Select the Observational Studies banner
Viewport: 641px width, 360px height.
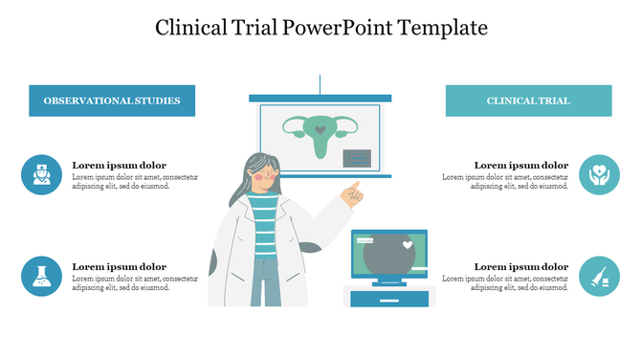(x=112, y=101)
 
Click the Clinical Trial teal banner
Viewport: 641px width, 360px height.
(x=528, y=101)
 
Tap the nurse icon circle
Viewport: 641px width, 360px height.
(x=41, y=174)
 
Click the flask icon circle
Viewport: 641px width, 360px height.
(x=41, y=276)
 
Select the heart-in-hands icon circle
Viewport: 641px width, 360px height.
(x=599, y=174)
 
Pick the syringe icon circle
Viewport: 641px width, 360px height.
(x=599, y=276)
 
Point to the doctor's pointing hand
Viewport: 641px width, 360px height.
(x=352, y=194)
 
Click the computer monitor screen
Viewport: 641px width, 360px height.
(x=388, y=255)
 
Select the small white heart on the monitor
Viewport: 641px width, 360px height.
(x=408, y=245)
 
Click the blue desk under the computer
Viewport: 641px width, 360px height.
(x=388, y=299)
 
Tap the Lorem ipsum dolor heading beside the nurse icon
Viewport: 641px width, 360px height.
(x=120, y=165)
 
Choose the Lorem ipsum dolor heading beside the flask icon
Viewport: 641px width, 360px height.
(x=120, y=266)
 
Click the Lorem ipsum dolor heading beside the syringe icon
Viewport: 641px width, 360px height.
(x=521, y=266)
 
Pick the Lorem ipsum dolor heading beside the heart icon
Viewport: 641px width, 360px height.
(x=521, y=165)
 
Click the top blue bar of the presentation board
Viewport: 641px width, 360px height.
(x=320, y=98)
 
